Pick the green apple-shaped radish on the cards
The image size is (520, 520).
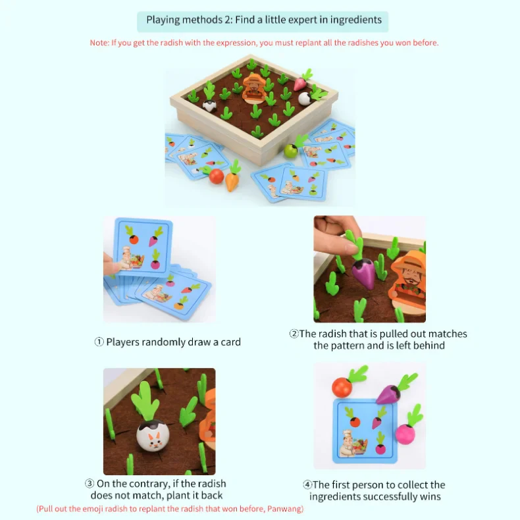(290, 151)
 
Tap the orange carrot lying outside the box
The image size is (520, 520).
(232, 180)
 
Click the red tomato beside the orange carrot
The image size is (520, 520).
(216, 176)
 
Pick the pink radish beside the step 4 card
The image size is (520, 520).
(405, 433)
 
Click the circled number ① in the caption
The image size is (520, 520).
(99, 342)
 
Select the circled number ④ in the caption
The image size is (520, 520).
(317, 485)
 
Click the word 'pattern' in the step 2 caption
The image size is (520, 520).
(349, 346)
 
